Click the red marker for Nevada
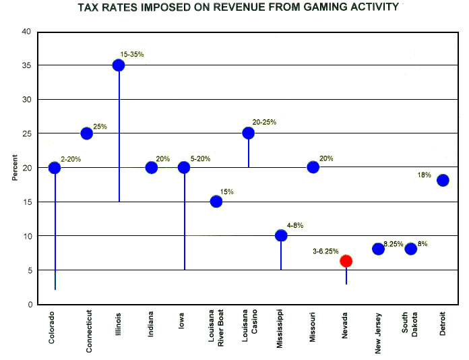[346, 261]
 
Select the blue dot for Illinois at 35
[119, 65]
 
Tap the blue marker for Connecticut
[86, 133]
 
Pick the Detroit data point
[443, 180]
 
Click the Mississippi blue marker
[281, 235]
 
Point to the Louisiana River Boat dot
[216, 202]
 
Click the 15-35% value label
[131, 54]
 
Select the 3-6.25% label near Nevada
[327, 251]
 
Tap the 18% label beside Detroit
[424, 175]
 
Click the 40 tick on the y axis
[26, 32]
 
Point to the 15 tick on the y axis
[26, 202]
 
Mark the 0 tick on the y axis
[28, 305]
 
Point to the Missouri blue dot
[313, 167]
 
